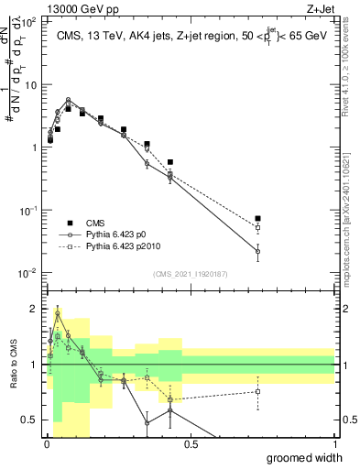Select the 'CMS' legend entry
pos(95,223)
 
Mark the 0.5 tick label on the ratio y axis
pos(29,420)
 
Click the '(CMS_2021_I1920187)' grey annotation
pos(190,273)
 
